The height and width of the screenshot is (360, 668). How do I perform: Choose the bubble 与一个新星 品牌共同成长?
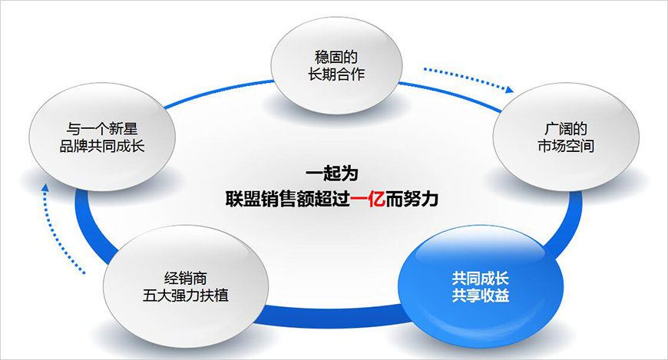pos(101,137)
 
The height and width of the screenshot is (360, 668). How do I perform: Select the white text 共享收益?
pos(481,295)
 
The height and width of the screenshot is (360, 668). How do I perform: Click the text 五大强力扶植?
pos(186,295)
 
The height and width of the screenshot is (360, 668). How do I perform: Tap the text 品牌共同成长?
pos(101,145)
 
